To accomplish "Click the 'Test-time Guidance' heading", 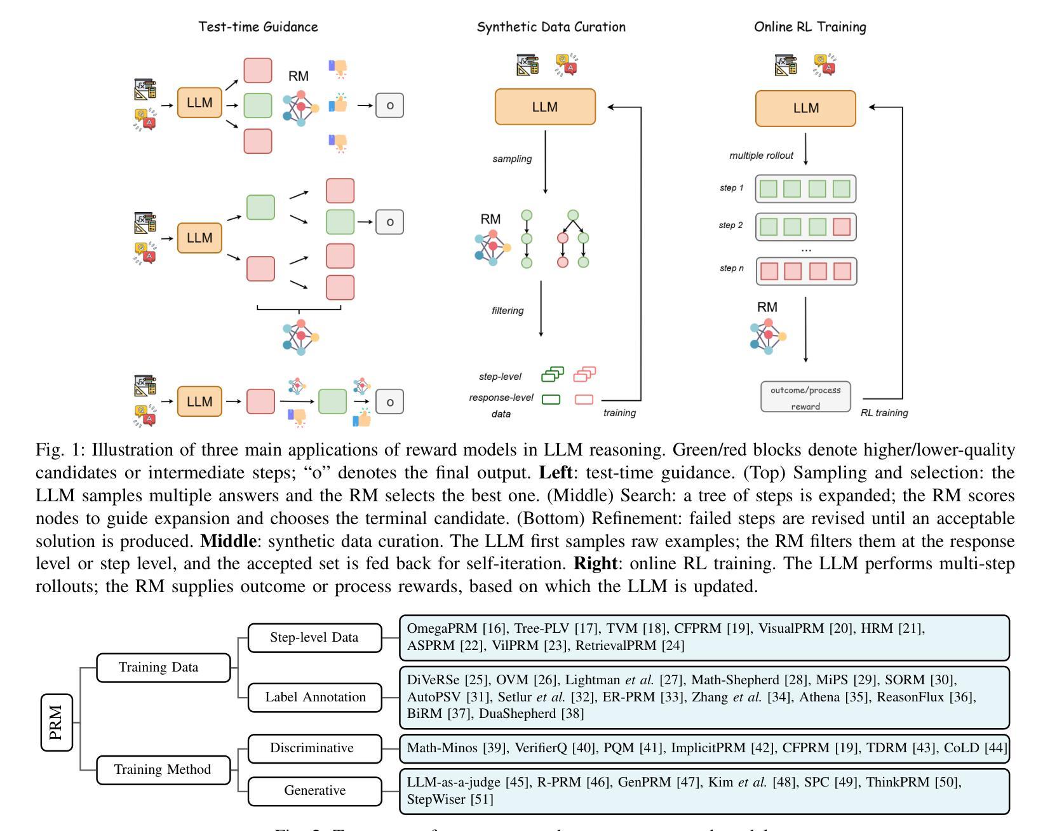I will [258, 27].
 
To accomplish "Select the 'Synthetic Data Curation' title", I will [551, 27].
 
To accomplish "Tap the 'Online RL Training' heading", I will [810, 27].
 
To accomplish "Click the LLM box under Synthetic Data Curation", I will [545, 107].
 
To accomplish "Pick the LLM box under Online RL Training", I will [805, 108].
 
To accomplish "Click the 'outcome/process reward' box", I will [805, 398].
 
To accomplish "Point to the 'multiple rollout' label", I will [761, 156].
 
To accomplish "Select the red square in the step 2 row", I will [842, 227].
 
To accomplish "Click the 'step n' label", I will [731, 268].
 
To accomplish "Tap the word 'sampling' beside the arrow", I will [512, 159].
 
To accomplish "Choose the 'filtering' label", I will [508, 311].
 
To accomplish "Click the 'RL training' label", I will [884, 413].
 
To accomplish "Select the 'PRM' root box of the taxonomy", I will [57, 722].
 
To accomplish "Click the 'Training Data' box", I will [163, 667].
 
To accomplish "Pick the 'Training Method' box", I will [163, 769].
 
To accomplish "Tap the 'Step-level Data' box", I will [314, 637].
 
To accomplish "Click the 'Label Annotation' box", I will [315, 697].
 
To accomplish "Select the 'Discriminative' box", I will [312, 748].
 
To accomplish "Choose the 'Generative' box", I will [315, 790].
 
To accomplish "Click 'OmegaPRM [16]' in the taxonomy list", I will [455, 629].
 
